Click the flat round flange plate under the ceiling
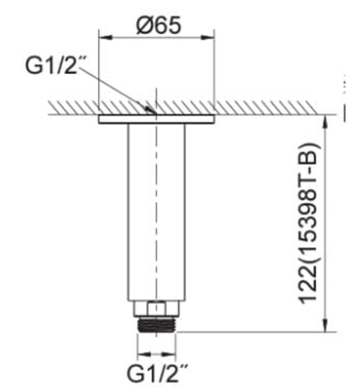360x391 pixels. (x=157, y=119)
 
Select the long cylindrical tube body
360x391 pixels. (x=157, y=212)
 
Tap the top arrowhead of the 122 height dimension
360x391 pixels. (x=323, y=118)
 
